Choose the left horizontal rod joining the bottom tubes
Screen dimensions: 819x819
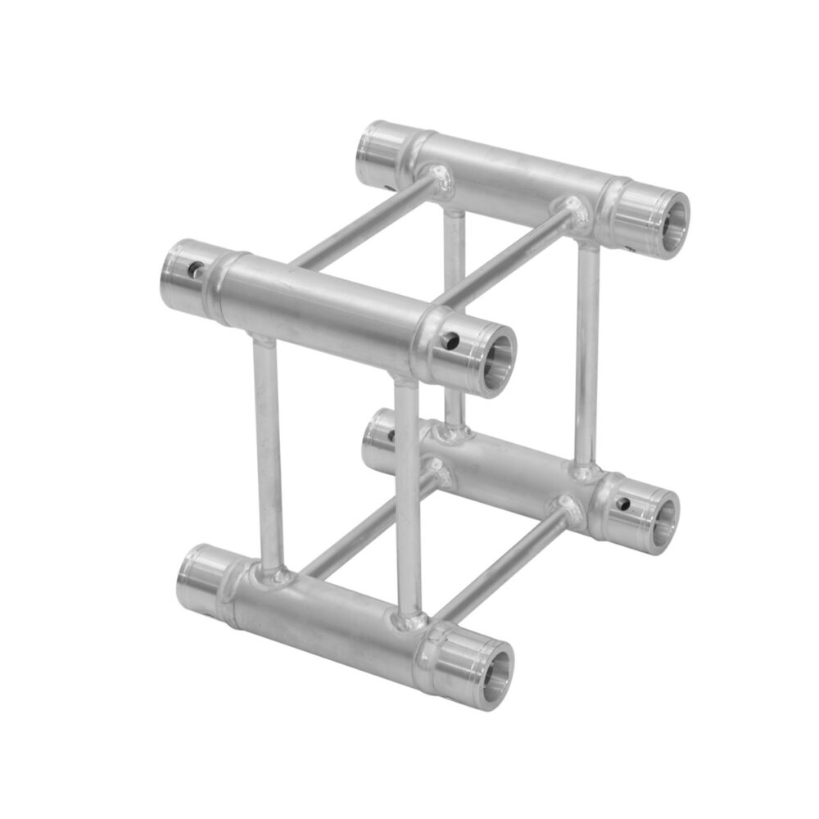click(360, 524)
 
